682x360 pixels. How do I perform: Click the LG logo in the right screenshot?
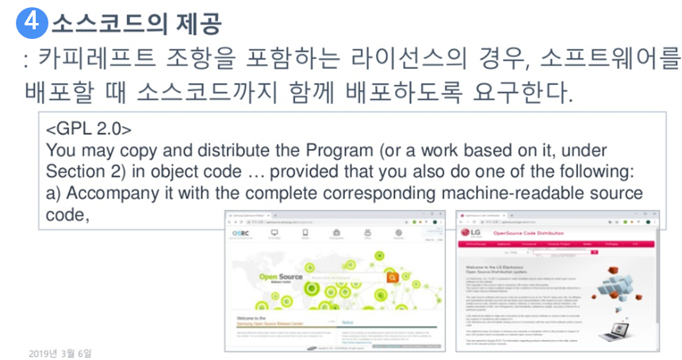473,233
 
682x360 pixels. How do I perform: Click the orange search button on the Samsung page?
391,278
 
